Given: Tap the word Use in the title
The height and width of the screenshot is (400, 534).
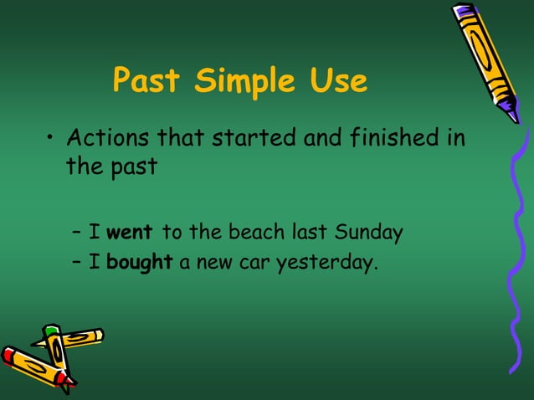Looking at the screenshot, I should coord(336,81).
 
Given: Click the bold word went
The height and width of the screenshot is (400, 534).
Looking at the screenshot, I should coord(130,233).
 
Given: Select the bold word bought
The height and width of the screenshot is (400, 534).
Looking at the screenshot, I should coord(139,263).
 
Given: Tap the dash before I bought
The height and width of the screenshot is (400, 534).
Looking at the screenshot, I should coord(77,264).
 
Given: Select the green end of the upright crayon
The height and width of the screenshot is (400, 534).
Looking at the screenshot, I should coord(52,331).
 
